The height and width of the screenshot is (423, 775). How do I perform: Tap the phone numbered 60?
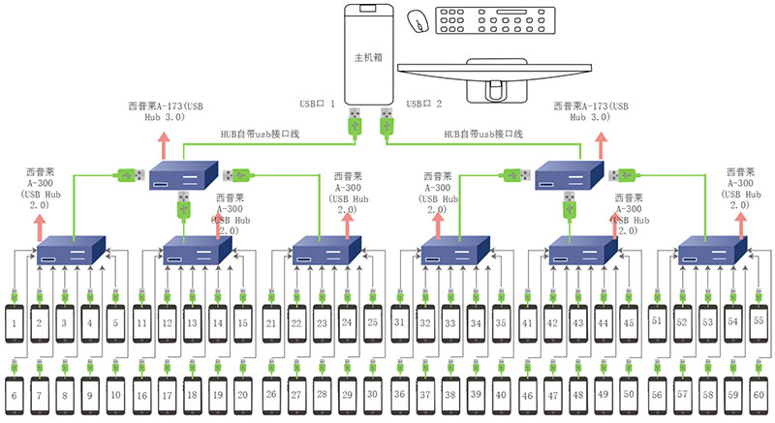pos(757,394)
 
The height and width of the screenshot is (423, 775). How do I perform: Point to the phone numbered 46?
pos(527,394)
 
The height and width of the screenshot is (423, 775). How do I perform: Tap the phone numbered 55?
pos(757,319)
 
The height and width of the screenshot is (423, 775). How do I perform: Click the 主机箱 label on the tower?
pos(369,59)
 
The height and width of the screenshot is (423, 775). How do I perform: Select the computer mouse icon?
pos(418,20)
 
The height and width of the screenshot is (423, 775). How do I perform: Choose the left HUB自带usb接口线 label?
pos(261,134)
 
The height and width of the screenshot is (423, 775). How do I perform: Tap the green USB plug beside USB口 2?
pos(387,121)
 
